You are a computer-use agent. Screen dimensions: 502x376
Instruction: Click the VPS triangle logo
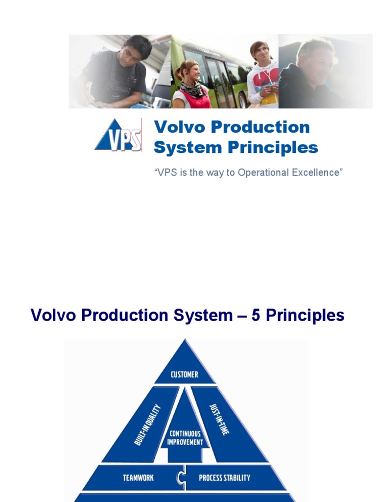(118, 135)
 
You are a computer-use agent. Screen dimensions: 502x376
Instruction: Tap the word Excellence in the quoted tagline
(316, 173)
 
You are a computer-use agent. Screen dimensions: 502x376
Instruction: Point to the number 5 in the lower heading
(256, 315)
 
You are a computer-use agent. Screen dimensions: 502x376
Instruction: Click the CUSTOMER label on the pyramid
(185, 375)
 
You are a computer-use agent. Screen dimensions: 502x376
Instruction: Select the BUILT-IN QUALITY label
(148, 424)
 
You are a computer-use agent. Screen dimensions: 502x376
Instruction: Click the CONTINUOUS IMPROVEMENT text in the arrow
(186, 437)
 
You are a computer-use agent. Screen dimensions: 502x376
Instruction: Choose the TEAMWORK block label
(139, 477)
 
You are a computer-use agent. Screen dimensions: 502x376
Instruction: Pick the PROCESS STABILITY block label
(225, 477)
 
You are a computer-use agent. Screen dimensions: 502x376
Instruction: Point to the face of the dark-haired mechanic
(131, 55)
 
